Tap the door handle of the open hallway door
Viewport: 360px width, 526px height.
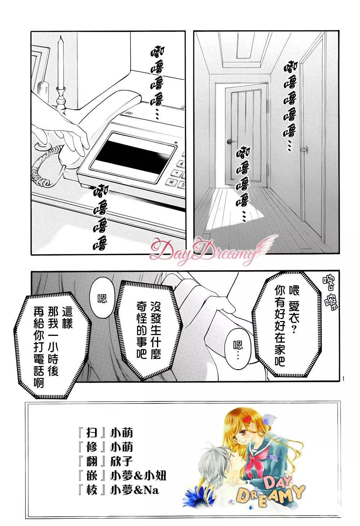pyautogui.click(x=229, y=142)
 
